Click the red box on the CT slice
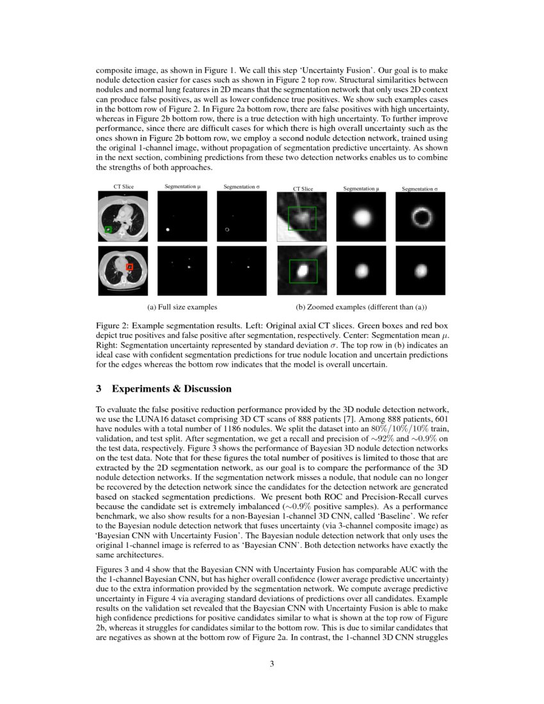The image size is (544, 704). click(x=129, y=266)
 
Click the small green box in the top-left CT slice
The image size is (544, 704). click(x=109, y=228)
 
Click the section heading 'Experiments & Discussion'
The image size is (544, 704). click(x=172, y=389)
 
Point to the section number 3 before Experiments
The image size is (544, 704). click(x=99, y=389)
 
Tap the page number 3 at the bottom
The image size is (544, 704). click(x=271, y=664)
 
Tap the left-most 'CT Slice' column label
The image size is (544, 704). click(x=124, y=186)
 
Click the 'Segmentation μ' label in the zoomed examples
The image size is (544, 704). click(x=361, y=189)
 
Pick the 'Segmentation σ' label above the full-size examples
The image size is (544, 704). click(x=241, y=186)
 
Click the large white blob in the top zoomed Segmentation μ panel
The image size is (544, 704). click(x=361, y=218)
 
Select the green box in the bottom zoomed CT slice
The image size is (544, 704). click(x=303, y=271)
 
